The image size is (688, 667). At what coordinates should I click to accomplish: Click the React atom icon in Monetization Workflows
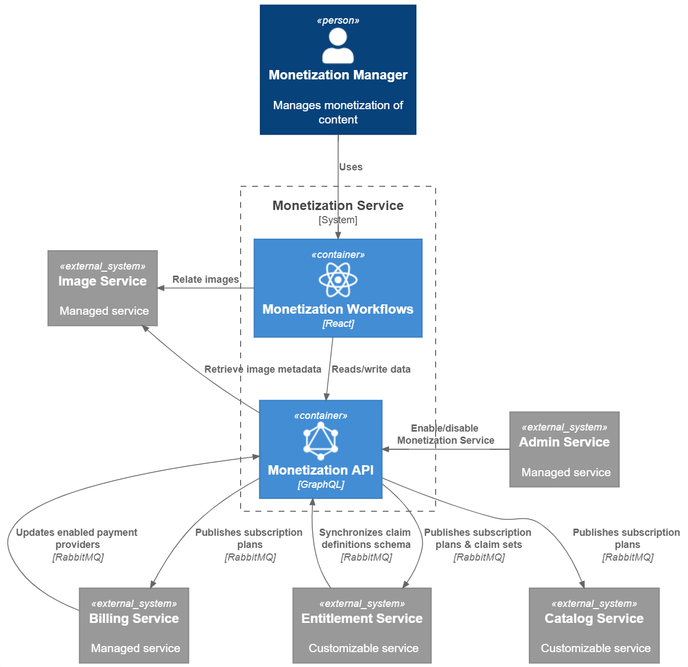coord(338,279)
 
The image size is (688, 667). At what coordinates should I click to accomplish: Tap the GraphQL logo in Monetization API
coord(321,440)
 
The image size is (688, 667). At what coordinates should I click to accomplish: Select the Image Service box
coord(102,288)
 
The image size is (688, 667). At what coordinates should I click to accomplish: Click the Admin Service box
coord(564,449)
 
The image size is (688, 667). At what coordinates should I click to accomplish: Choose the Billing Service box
coord(134,625)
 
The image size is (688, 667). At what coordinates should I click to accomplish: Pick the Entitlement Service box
coord(362,625)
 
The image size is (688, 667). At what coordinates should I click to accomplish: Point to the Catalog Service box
coord(594,625)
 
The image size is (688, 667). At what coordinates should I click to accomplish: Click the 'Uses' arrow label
coord(351,167)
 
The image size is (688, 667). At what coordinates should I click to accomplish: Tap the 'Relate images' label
coord(205,279)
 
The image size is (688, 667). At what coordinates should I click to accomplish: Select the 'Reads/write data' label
coord(371,369)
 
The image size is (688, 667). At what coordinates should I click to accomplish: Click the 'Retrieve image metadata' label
coord(263,369)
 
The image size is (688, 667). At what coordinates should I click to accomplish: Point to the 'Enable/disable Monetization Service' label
coord(445,434)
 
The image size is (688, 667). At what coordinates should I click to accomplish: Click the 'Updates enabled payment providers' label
coord(77,539)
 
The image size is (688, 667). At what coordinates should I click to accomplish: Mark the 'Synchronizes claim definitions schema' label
coord(365,539)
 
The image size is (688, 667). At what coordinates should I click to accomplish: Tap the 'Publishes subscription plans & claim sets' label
coord(478,539)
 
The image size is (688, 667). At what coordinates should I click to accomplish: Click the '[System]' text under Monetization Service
coord(338,220)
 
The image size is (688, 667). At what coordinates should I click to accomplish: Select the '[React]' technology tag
coord(338,324)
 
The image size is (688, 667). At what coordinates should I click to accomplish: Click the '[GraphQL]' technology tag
coord(321,485)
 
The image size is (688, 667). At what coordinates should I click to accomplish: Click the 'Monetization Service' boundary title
coord(338,206)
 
